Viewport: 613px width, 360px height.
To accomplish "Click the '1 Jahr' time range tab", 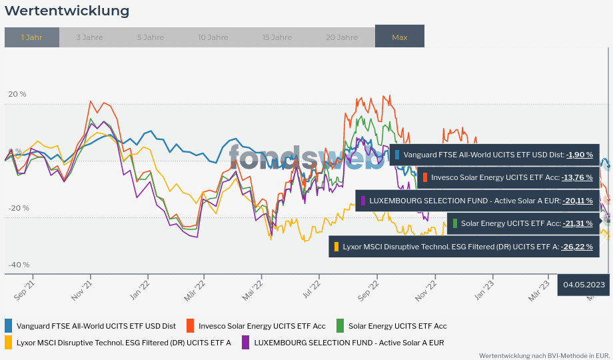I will point(32,37).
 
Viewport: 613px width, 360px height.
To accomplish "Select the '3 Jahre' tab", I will point(89,37).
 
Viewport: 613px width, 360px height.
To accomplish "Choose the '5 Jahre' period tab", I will point(151,37).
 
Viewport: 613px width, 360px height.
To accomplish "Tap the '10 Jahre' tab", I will point(213,37).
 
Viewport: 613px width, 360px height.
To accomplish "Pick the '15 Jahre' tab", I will point(277,37).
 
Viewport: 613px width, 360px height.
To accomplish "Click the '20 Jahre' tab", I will point(342,37).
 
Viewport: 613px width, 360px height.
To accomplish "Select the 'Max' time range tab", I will point(400,37).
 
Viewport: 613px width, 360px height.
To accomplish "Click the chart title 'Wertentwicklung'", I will point(67,11).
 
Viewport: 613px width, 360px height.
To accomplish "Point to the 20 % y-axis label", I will point(17,94).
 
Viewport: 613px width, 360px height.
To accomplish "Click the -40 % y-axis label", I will point(19,265).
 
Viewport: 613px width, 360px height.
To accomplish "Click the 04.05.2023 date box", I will point(584,285).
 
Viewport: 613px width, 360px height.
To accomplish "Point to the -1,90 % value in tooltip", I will point(579,155).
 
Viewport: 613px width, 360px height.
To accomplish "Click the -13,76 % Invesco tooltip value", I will point(577,177).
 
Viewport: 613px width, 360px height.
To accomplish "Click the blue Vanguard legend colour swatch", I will point(9,326).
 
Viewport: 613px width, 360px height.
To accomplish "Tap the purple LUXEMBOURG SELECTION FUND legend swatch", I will point(246,343).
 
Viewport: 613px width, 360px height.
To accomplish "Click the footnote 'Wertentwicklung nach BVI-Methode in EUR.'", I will point(544,355).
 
